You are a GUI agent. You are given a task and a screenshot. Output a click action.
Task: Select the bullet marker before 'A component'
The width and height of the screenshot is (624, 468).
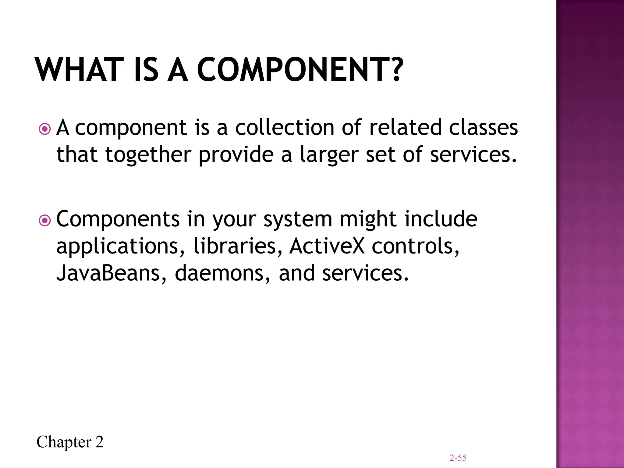coord(45,129)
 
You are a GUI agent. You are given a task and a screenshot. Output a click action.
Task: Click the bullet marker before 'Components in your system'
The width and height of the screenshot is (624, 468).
coord(45,220)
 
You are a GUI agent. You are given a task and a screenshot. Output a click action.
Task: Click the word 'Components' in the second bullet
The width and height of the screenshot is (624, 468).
coord(118,219)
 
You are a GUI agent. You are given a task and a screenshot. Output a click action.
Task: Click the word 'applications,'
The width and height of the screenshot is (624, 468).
coord(121,247)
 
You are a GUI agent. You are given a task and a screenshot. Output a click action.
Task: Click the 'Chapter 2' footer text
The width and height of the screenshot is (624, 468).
coord(70,442)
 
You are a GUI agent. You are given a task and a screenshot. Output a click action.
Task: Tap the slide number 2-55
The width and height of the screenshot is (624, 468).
coord(458,458)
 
